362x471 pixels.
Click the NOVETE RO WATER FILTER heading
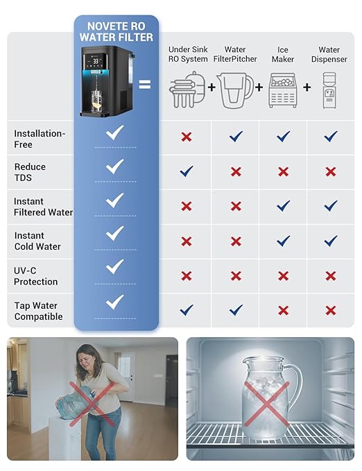point(116,31)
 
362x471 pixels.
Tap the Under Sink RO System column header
point(188,54)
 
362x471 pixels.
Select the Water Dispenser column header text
point(329,54)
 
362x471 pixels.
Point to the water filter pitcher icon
point(235,90)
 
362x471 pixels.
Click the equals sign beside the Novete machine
point(145,85)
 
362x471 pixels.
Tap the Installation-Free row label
point(40,139)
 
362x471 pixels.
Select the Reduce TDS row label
point(30,172)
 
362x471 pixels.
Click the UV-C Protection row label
point(36,276)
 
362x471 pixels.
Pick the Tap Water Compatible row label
point(38,311)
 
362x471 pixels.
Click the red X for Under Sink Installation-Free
point(186,137)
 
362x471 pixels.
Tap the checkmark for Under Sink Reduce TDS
point(186,171)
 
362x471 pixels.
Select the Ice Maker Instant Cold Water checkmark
point(283,241)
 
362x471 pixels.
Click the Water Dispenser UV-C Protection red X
point(331,275)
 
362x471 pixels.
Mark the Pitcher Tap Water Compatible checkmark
point(236,310)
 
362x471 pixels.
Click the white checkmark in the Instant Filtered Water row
point(115,200)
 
